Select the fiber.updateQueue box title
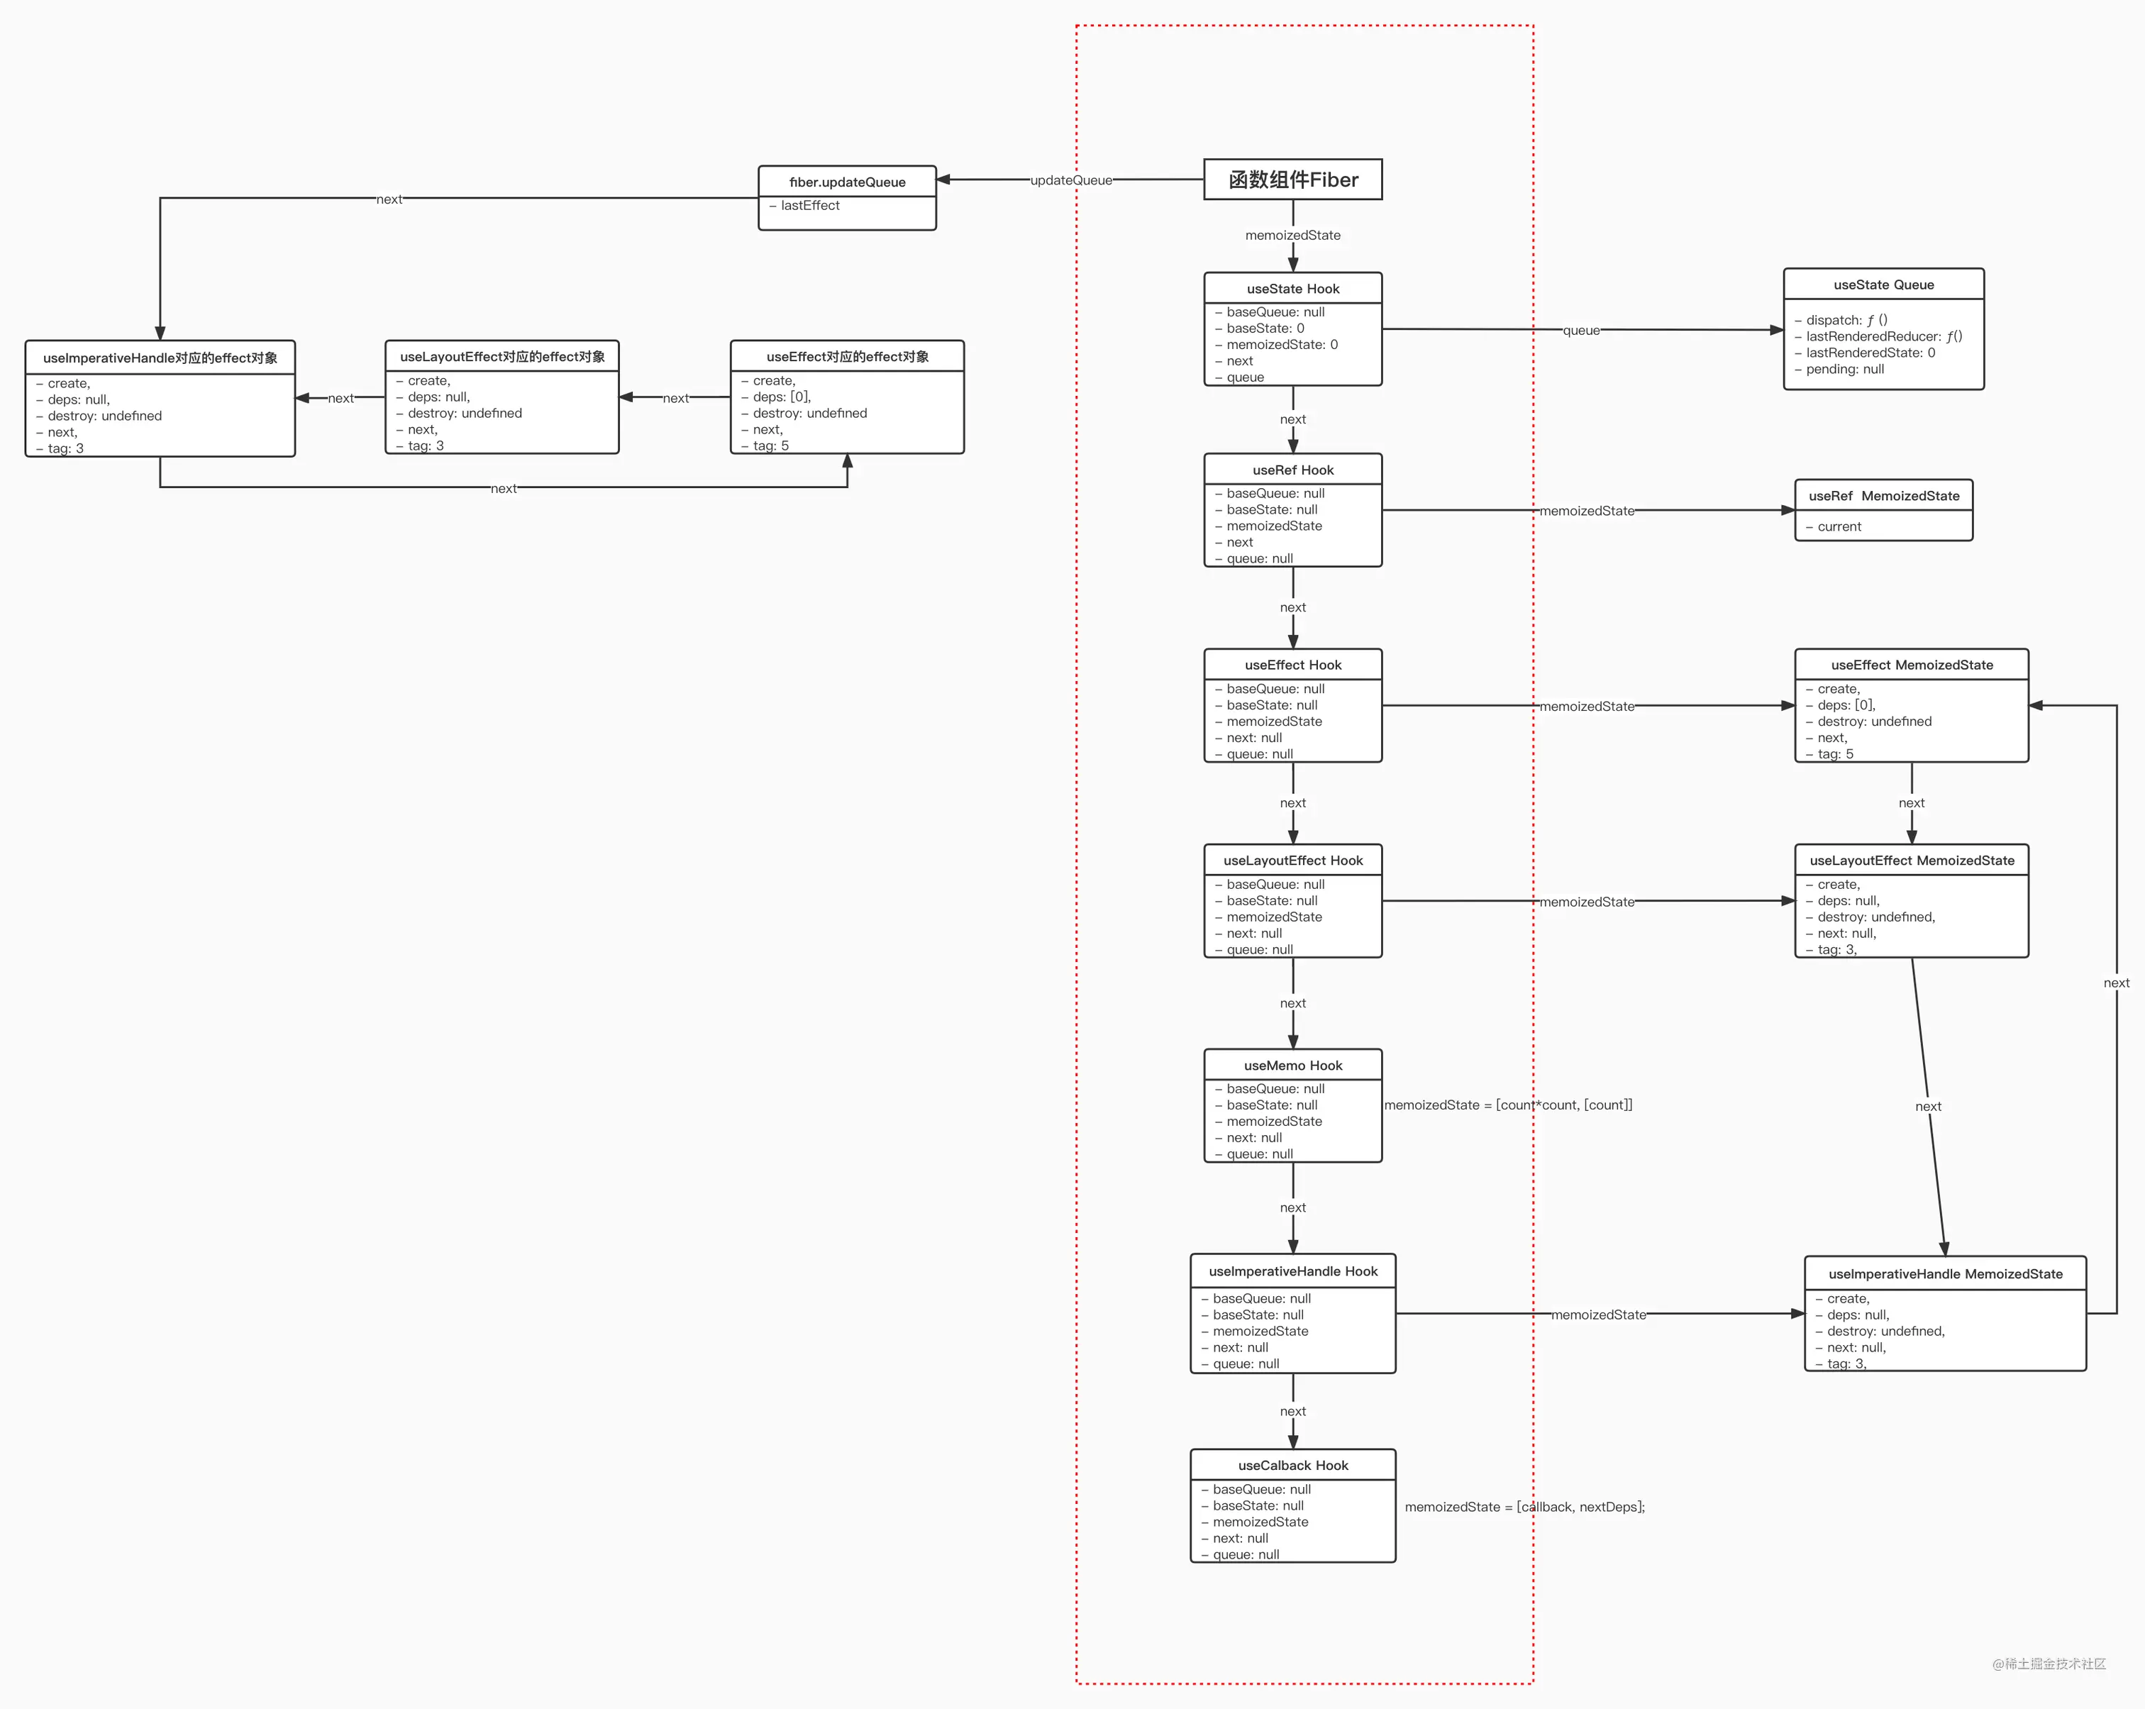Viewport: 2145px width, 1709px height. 847,182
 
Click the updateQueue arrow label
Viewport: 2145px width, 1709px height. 1070,180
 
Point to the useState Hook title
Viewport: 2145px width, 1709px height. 1292,289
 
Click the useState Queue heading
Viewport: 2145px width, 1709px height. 1883,284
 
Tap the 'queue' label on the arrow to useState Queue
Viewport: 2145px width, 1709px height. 1581,331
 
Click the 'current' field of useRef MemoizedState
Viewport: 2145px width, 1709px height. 1839,527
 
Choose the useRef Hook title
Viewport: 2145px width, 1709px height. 1292,470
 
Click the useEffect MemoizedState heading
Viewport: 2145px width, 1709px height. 1911,665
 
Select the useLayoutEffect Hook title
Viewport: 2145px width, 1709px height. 1292,861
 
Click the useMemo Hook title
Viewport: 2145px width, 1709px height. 1292,1066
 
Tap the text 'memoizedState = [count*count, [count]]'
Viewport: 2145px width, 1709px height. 1507,1105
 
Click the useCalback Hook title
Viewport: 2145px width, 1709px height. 1292,1465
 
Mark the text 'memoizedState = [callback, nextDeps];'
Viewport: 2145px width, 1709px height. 1524,1507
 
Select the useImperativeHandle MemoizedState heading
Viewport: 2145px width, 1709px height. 1945,1274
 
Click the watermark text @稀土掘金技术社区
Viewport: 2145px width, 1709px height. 2049,1663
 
